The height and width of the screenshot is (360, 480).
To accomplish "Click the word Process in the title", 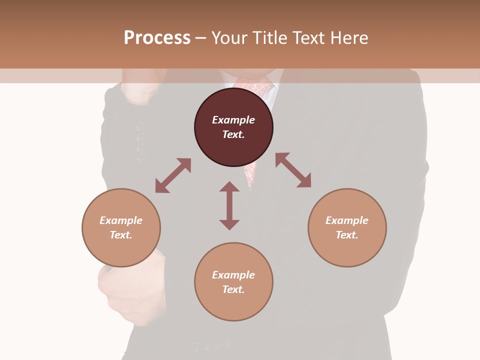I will point(157,37).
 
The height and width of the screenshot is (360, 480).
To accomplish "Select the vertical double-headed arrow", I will point(229,205).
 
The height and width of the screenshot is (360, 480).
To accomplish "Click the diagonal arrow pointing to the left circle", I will point(173,175).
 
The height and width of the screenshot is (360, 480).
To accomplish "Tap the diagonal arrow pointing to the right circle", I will point(293,170).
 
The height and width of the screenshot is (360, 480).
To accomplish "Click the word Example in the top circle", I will point(233,120).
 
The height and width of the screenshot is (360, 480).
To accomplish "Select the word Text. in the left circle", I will point(121,235).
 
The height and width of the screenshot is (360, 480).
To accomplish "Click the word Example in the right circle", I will point(347,220).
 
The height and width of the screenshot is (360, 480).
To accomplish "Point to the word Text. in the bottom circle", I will point(233,289).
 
